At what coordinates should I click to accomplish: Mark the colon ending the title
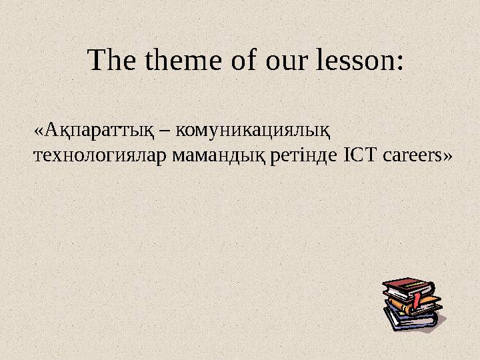coord(399,63)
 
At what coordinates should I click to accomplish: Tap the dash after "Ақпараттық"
coord(165,131)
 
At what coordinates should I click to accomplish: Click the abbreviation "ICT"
coord(360,156)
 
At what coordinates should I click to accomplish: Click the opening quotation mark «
coord(38,131)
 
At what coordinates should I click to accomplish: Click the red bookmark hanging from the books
coord(417,299)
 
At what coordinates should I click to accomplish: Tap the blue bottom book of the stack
coord(408,321)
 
